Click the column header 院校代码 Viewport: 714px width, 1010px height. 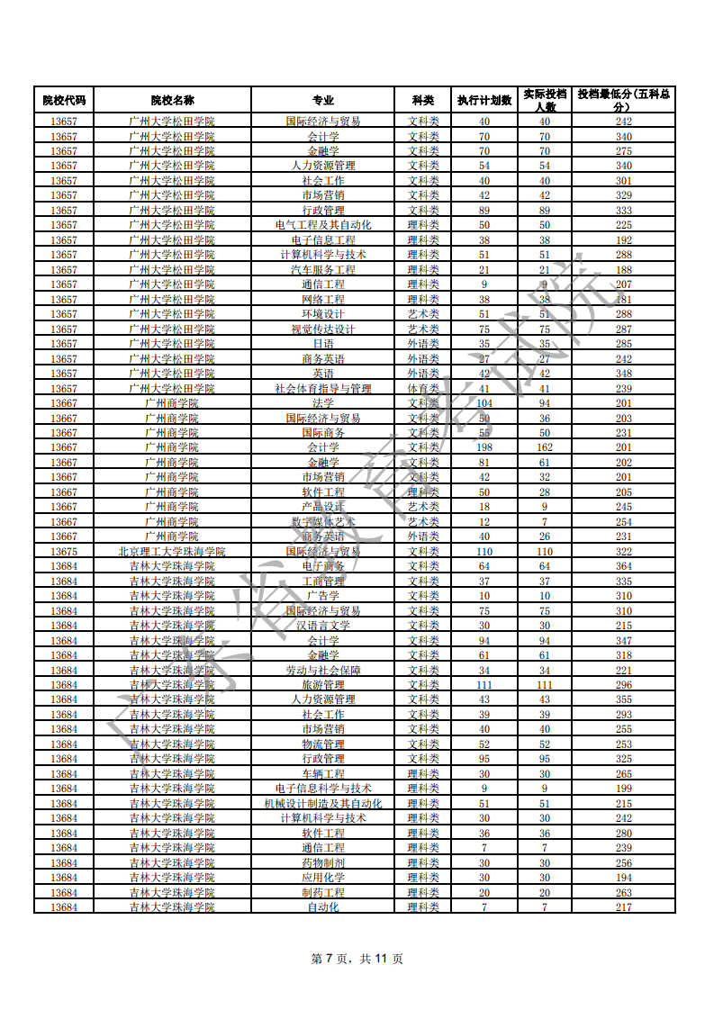63,100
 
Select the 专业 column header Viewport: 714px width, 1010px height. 322,100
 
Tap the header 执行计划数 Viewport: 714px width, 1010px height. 484,100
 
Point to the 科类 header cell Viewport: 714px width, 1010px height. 423,100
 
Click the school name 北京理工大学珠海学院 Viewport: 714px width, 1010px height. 171,551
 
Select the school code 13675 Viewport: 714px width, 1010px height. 63,551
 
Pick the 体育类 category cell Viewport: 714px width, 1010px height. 423,388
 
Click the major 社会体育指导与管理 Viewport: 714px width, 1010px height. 322,388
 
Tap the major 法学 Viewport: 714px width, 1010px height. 322,403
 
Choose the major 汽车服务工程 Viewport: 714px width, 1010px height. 322,269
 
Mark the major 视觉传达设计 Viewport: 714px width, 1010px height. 322,329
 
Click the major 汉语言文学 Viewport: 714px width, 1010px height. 322,625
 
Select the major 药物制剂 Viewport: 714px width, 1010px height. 322,862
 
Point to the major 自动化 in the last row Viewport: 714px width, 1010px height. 322,906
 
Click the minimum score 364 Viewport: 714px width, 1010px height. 624,566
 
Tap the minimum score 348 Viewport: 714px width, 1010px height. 624,374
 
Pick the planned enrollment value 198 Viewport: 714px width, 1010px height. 484,447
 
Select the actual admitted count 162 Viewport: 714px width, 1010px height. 544,447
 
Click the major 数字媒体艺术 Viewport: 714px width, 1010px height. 322,521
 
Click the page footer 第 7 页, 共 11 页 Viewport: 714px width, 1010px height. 357,959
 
